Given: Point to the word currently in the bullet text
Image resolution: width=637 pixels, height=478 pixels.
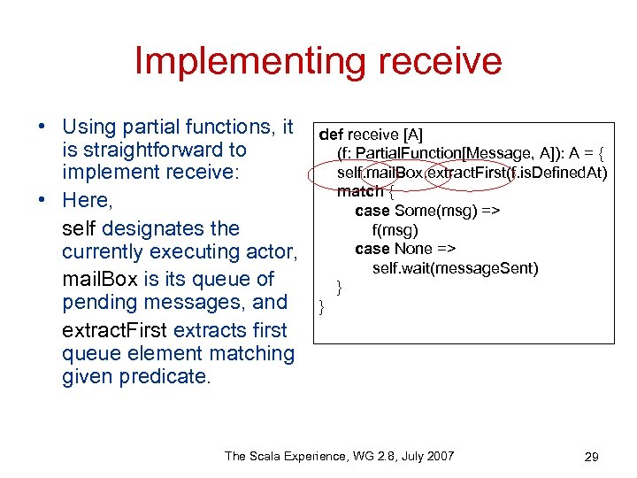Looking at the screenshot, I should coord(105,251).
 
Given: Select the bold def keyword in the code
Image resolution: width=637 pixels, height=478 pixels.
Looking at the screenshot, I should coord(330,135).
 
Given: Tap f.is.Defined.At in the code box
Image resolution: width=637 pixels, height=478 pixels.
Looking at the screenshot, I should coord(558,173).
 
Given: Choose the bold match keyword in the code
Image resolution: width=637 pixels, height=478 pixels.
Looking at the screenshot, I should coord(359,191).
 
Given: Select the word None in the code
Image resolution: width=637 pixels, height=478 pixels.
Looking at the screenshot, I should coord(413,249).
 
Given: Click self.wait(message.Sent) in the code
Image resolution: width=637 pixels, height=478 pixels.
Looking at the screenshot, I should coord(455,268).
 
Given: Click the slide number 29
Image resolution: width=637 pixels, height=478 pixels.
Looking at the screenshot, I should coord(592,457).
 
